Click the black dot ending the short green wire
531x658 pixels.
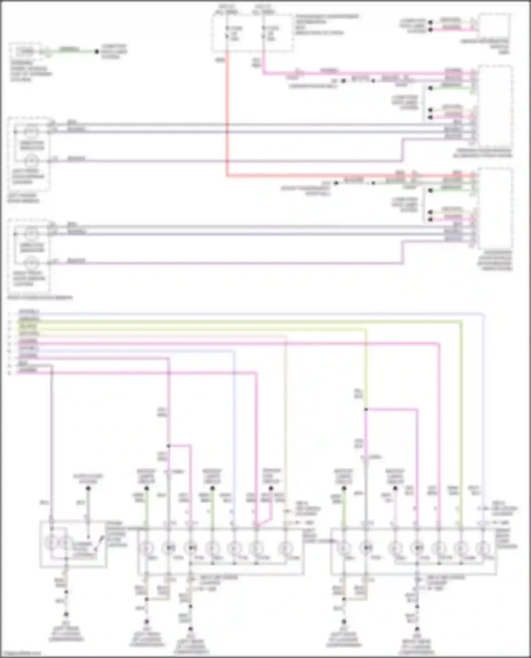[x=97, y=52]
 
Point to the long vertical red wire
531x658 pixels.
[x=227, y=117]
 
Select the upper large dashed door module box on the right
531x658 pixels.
[x=495, y=106]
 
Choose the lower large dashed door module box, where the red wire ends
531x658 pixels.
[x=495, y=209]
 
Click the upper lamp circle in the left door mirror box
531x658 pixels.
[x=31, y=132]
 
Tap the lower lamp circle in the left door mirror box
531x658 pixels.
[x=31, y=161]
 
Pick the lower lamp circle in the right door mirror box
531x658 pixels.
[x=31, y=264]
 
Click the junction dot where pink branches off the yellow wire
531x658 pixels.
[x=366, y=409]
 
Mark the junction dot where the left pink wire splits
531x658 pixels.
[x=169, y=446]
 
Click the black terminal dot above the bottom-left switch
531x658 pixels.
[x=88, y=488]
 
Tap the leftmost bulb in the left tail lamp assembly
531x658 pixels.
[x=146, y=548]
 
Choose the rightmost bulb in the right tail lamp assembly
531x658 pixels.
[x=483, y=548]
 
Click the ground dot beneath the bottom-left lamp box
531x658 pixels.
[x=66, y=615]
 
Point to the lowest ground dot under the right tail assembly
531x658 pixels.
[x=417, y=629]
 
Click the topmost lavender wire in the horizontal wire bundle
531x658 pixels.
[x=248, y=314]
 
